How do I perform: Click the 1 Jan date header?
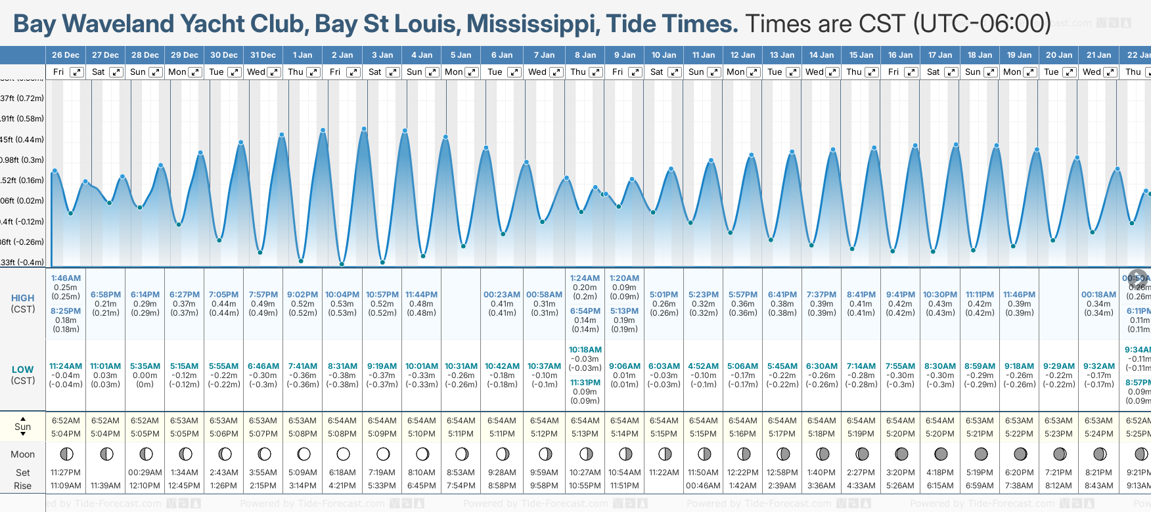(302, 55)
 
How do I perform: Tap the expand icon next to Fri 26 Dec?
(77, 72)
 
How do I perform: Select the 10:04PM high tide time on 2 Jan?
(342, 295)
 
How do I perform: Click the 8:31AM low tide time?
(342, 366)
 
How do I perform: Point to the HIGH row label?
(23, 298)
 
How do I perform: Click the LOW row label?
(23, 370)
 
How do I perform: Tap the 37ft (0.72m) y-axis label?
(22, 98)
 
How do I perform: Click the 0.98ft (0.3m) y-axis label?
(22, 160)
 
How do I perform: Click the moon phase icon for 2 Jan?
(343, 454)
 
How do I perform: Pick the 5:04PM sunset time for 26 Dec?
(66, 434)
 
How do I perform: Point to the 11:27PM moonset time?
(66, 473)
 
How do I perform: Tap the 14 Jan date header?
(821, 55)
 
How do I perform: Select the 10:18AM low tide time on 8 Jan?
(585, 350)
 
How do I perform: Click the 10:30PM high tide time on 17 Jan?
(940, 295)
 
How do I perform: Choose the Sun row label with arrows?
(23, 426)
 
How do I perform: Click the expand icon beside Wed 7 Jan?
(556, 72)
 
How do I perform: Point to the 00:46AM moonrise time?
(703, 486)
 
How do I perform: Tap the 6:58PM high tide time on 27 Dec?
(106, 295)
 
